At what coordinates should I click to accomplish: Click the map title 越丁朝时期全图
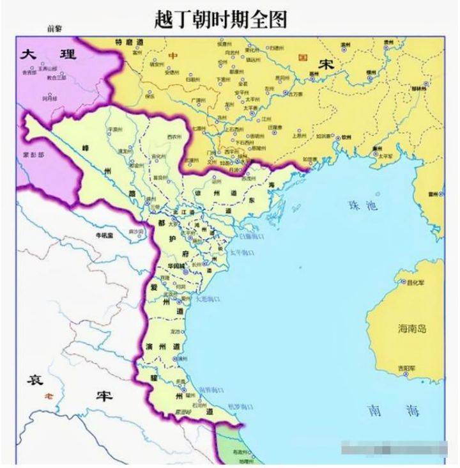[x=221, y=19]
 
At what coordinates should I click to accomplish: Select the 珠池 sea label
[x=363, y=206]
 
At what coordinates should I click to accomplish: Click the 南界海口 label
[x=211, y=389]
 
